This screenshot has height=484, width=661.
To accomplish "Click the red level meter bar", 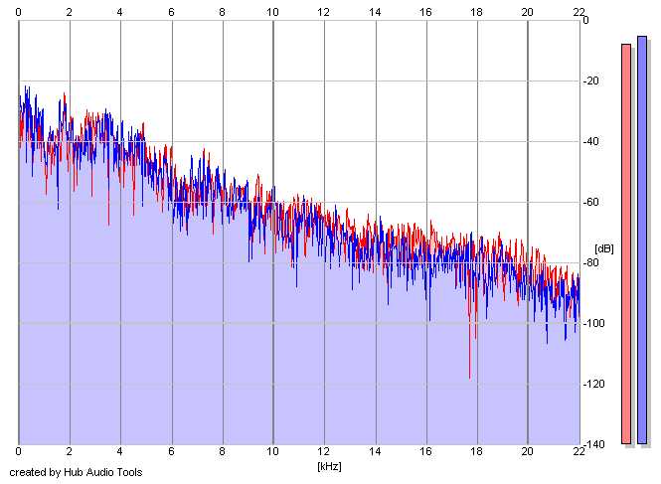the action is [626, 243].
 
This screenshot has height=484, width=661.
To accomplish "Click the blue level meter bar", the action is [641, 240].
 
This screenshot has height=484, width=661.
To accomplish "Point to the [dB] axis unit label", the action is [603, 248].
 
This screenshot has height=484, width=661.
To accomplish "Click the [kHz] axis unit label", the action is [329, 466].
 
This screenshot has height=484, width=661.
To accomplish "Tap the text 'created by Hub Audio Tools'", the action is [76, 472].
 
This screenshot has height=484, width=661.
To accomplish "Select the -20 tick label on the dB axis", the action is [591, 81].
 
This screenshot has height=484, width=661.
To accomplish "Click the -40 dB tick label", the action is [591, 141].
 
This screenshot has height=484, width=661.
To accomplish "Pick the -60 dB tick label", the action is [591, 202].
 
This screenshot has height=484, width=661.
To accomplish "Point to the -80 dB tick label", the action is [591, 262].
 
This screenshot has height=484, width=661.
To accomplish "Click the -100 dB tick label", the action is [594, 323].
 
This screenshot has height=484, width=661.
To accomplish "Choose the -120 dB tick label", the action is [594, 384].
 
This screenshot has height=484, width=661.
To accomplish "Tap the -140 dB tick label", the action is [594, 444].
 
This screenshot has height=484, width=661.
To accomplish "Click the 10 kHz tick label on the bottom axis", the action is [272, 451].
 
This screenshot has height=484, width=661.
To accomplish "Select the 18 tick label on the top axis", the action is [476, 12].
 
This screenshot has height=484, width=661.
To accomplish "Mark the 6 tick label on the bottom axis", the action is [171, 451].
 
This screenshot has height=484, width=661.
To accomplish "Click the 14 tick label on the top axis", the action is [375, 12].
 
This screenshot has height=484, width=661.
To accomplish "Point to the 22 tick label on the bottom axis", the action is [578, 451].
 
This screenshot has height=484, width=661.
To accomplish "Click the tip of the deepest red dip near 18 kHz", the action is [469, 379].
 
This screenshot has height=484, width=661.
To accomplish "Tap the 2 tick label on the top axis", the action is [70, 12].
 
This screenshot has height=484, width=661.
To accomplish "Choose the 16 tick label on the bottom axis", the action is [425, 451].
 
